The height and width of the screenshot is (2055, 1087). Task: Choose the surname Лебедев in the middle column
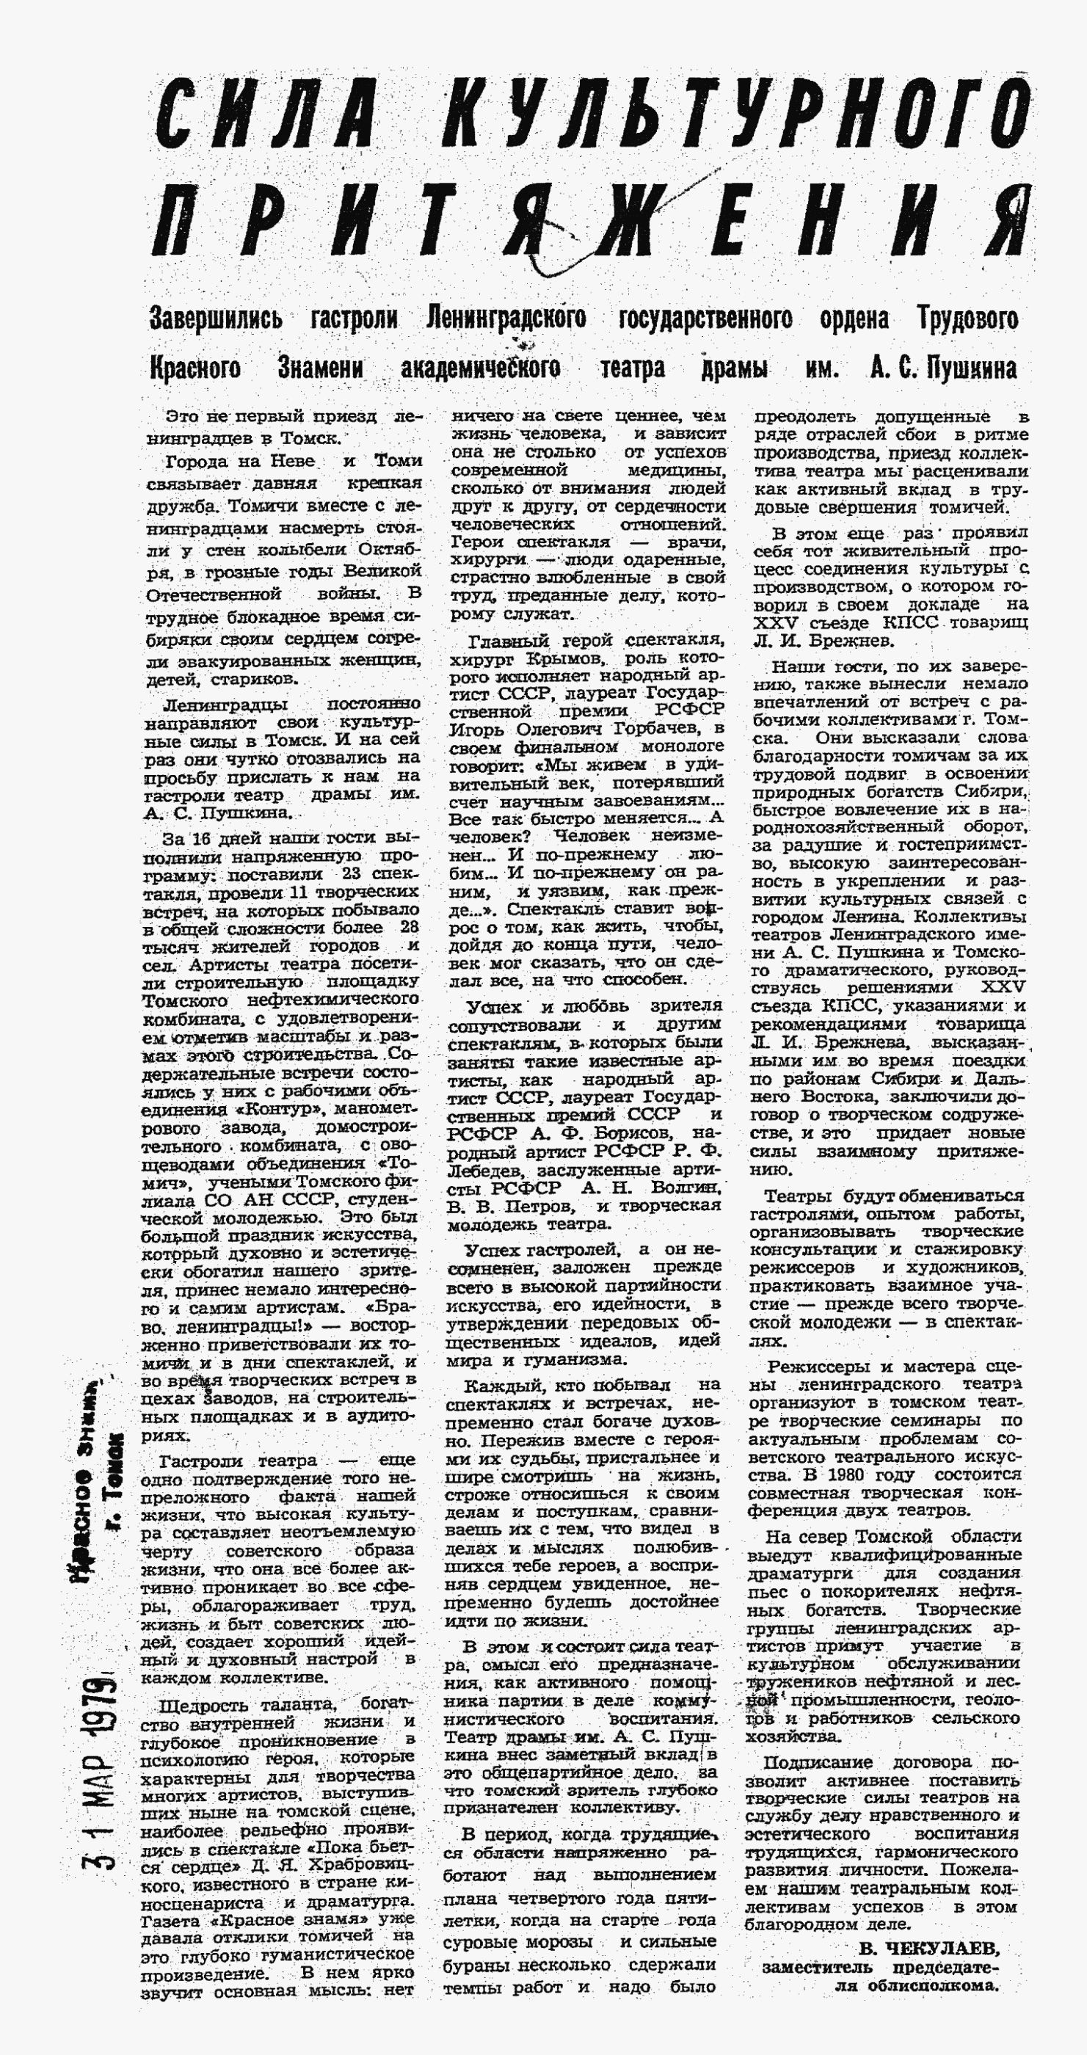(487, 1169)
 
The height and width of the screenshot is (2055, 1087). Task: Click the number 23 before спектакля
(352, 874)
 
